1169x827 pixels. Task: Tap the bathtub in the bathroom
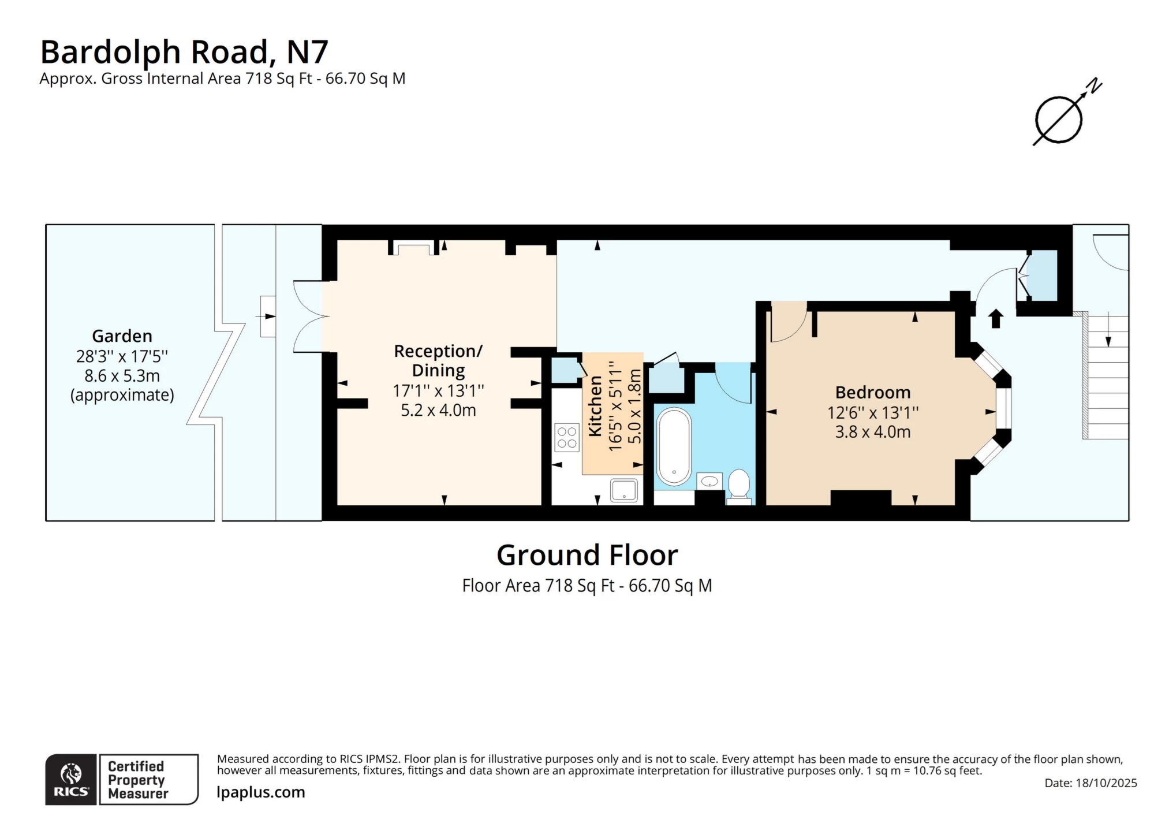point(674,446)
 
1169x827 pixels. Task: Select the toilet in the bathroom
point(739,485)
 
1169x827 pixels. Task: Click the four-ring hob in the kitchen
point(567,437)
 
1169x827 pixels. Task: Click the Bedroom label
point(872,393)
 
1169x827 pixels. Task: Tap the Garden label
point(122,336)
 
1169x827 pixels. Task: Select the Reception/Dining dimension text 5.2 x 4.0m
point(438,411)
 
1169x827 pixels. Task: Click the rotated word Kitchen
point(595,405)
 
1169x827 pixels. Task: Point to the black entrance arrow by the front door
point(996,319)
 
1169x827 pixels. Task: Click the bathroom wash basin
point(709,481)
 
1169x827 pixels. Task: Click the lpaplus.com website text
point(261,792)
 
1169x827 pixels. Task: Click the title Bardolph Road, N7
point(184,51)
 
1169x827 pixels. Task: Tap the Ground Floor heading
point(587,556)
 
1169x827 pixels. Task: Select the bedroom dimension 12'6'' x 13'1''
point(872,413)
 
